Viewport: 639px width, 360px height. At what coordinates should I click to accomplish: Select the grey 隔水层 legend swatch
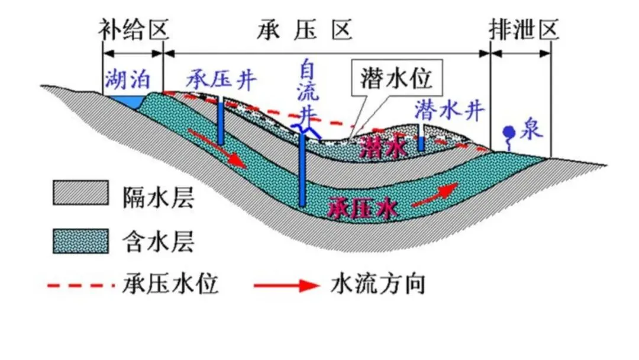tap(80, 193)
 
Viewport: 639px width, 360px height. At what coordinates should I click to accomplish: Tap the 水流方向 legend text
tap(377, 285)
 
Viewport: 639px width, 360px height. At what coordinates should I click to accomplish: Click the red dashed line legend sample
tap(80, 285)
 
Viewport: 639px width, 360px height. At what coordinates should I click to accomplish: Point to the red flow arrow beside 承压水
tap(435, 195)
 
